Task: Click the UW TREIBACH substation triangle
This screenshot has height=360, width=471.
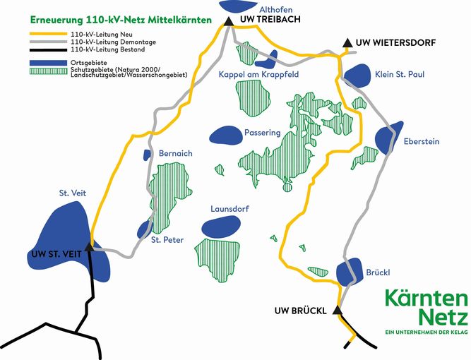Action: pos(228,21)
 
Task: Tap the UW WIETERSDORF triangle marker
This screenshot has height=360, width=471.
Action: pos(347,44)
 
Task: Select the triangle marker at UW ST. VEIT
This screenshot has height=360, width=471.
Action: pos(89,246)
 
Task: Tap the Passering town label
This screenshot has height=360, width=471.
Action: pos(262,133)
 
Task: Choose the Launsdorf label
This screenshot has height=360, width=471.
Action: pos(230,210)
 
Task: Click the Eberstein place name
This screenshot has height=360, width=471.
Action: pos(421,142)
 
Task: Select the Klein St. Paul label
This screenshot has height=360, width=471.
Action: pos(400,74)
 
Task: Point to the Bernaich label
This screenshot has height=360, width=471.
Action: pos(176,153)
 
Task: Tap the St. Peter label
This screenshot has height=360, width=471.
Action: pos(167,240)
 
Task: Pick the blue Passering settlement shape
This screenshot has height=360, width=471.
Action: pos(225,134)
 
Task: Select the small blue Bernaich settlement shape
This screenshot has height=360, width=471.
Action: pos(148,155)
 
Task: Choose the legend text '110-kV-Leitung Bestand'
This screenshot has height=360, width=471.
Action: pos(107,50)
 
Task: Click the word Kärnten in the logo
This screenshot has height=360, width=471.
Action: pos(426,298)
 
